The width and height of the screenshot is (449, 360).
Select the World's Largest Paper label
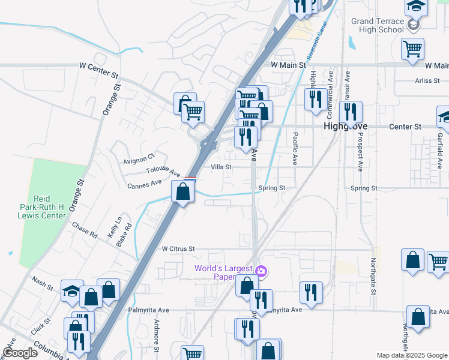pyautogui.click(x=222, y=272)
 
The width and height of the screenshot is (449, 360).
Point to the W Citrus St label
pyautogui.click(x=178, y=248)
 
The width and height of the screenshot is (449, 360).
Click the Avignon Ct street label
pyautogui.click(x=139, y=160)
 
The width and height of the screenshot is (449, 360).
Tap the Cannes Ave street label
pyautogui.click(x=145, y=184)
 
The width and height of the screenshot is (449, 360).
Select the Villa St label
pyautogui.click(x=221, y=167)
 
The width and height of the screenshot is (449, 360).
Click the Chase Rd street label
pyautogui.click(x=84, y=231)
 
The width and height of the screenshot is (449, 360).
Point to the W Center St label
pyautogui.click(x=100, y=73)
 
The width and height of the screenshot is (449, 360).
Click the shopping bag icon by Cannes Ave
pyautogui.click(x=183, y=192)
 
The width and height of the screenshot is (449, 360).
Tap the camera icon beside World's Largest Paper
pyautogui.click(x=261, y=272)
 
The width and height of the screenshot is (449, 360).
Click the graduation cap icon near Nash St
pyautogui.click(x=72, y=292)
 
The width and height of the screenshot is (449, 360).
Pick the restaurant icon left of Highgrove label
pyautogui.click(x=316, y=99)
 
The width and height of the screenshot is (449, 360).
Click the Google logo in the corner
pyautogui.click(x=20, y=353)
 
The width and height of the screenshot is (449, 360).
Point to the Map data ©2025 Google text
pyautogui.click(x=411, y=355)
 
